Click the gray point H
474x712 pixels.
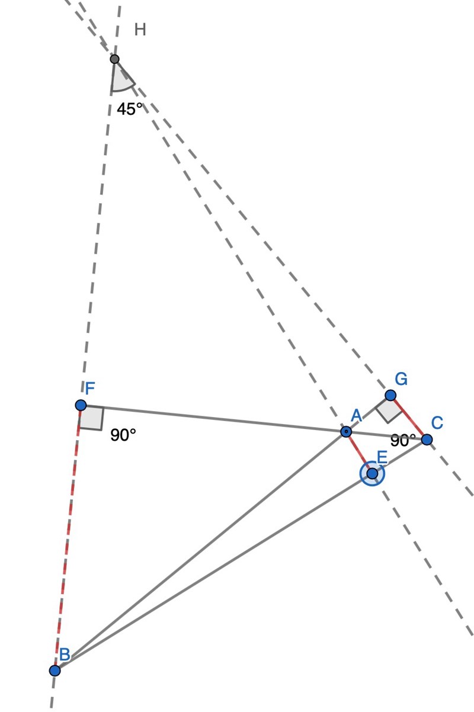[114, 59]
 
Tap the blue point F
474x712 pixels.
[81, 405]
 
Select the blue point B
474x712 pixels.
[55, 671]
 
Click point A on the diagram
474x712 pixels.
[346, 432]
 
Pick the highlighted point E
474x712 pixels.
[372, 474]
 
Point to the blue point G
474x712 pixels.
[390, 395]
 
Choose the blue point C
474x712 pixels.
[427, 440]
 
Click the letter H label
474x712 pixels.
[140, 30]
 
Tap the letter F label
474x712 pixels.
[90, 389]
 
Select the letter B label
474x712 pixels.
[65, 655]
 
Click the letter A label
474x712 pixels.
[356, 415]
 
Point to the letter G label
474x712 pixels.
[401, 379]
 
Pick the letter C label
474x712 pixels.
[437, 423]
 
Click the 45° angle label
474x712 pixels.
[129, 109]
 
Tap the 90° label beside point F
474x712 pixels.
[123, 435]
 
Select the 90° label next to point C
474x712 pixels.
[403, 441]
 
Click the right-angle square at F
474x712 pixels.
[91, 418]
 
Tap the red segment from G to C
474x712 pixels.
[408, 418]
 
